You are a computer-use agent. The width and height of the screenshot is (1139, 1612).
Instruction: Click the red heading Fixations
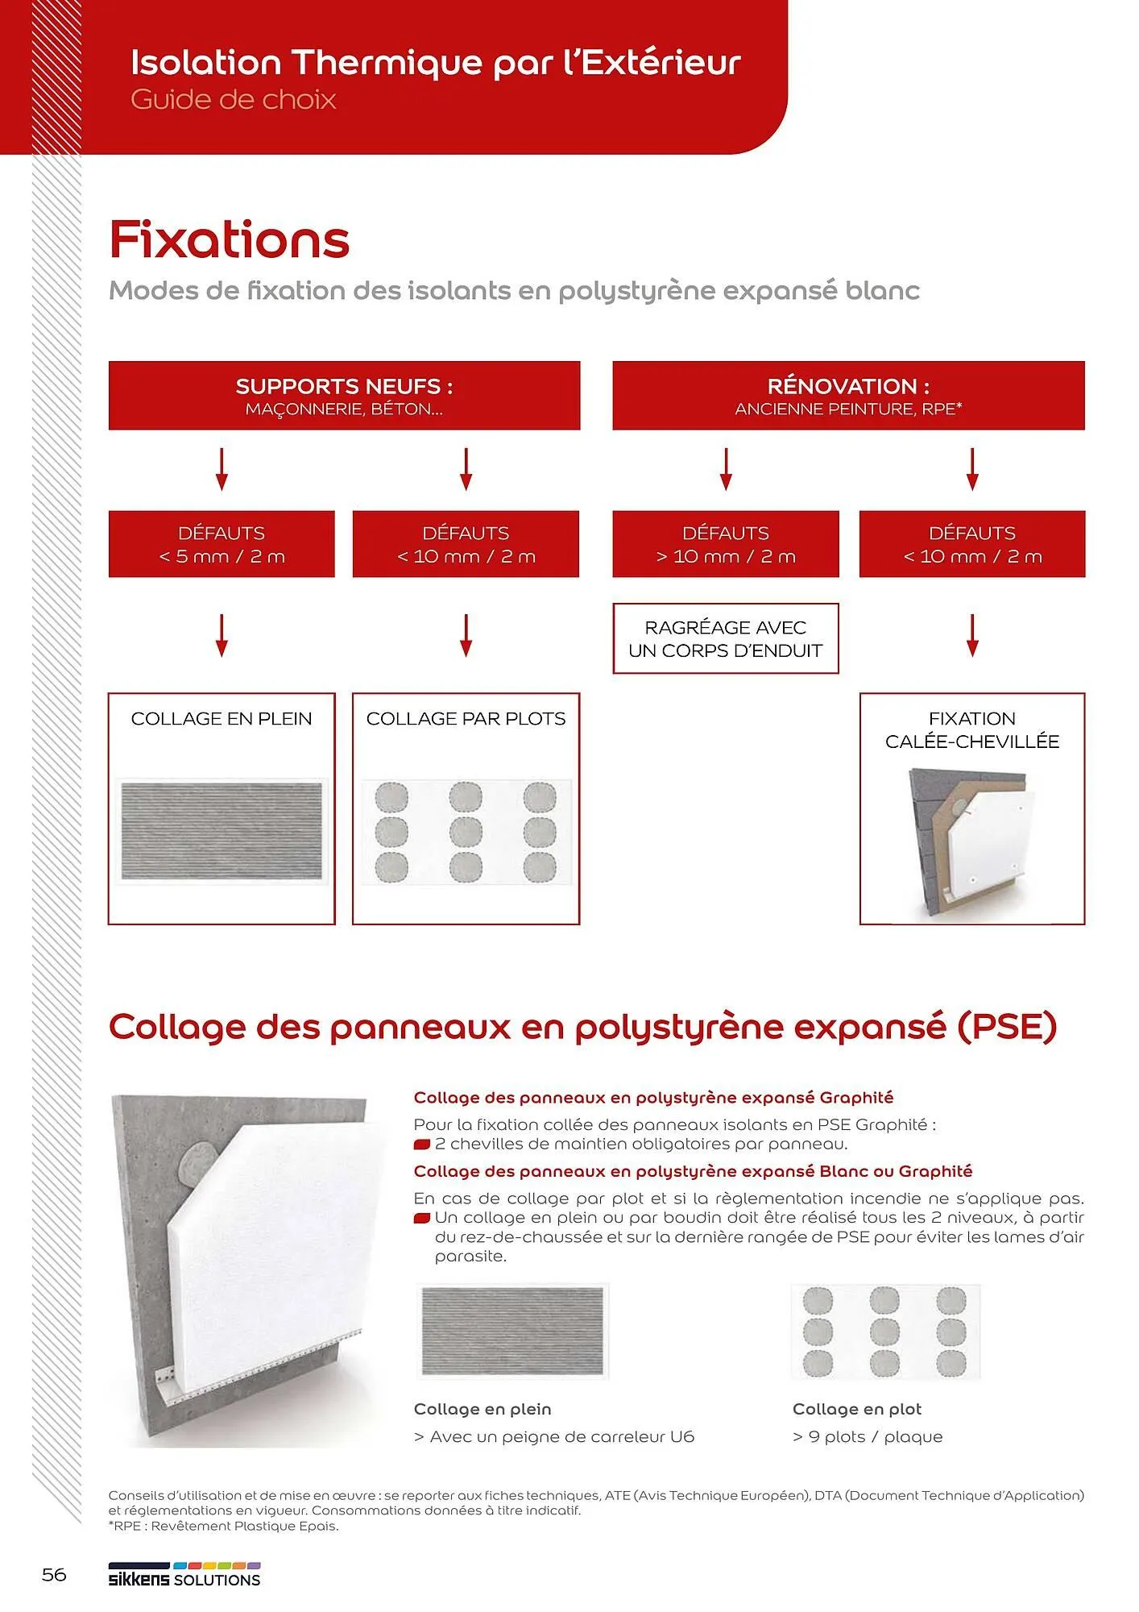point(230,239)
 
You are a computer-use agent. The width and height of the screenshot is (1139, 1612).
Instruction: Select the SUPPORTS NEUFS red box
point(344,395)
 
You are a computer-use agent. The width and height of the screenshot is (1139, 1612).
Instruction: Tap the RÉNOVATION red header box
point(848,395)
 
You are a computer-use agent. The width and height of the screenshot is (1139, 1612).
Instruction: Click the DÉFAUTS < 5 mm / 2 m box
point(222,544)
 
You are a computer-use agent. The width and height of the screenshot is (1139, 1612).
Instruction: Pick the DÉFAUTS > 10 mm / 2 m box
point(725,544)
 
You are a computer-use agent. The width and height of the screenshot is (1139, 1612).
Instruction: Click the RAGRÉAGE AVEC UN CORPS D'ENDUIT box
point(725,638)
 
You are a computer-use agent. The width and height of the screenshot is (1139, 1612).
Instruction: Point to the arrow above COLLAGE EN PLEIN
point(222,635)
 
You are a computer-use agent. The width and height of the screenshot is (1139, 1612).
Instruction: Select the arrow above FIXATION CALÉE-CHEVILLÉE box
point(972,635)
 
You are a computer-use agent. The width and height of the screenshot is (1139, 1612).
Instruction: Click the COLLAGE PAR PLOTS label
point(466,718)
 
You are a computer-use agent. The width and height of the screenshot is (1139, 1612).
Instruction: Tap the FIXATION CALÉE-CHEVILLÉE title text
point(972,729)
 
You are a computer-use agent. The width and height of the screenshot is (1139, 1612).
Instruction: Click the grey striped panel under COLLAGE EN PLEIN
point(222,831)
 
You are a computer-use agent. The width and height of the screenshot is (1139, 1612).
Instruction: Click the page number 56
point(54,1574)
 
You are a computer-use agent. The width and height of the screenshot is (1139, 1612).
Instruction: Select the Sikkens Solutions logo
point(184,1576)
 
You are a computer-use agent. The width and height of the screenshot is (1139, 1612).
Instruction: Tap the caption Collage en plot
point(856,1409)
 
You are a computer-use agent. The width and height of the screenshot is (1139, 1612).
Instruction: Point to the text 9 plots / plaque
point(868,1436)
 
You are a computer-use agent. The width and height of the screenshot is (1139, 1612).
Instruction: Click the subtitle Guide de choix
point(233,99)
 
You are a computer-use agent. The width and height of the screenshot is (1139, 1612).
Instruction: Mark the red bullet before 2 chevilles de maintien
point(422,1145)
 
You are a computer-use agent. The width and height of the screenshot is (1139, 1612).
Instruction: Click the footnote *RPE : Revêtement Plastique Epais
point(224,1526)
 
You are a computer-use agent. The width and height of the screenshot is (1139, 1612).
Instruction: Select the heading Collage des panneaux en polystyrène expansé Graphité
point(653,1097)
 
